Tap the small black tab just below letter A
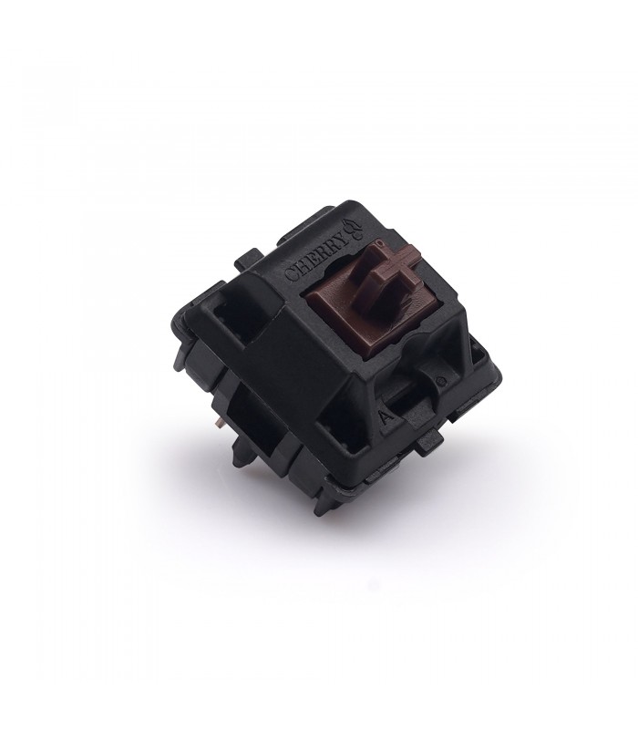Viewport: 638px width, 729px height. click(429, 445)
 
